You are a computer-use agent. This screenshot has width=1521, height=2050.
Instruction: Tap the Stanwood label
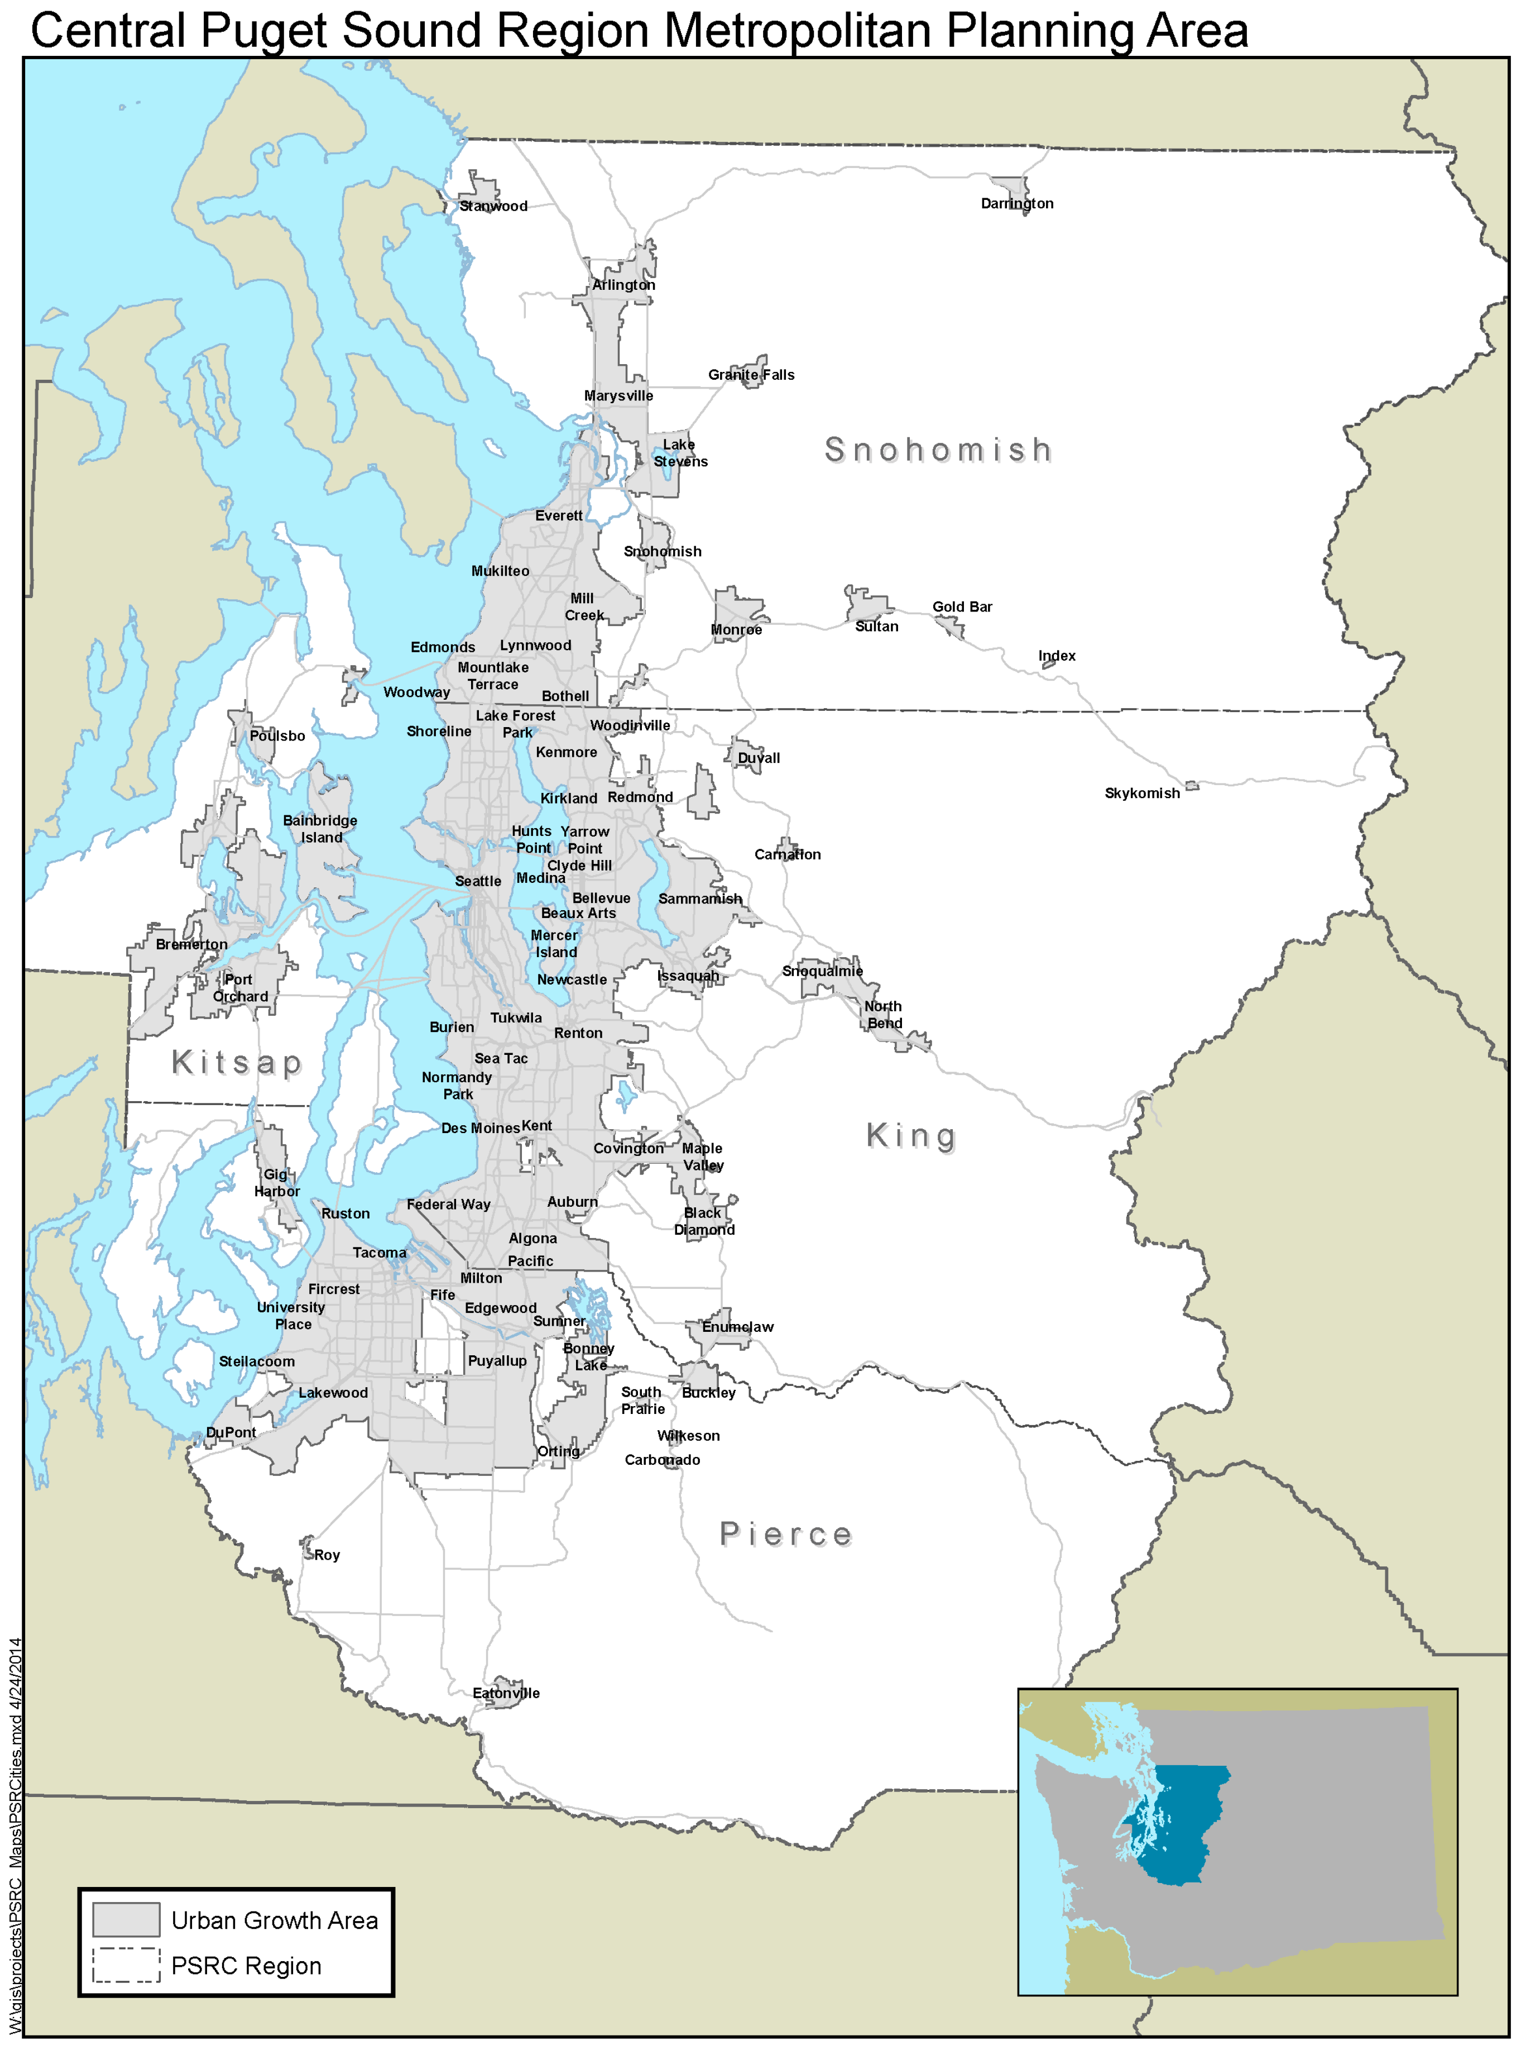[x=493, y=206]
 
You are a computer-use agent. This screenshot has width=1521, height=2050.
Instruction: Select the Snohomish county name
[x=937, y=450]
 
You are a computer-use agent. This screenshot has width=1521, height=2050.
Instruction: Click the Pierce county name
[x=785, y=1534]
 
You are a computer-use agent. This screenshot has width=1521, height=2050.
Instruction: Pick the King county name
[x=911, y=1136]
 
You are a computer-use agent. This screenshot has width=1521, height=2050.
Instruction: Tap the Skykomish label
[x=1141, y=793]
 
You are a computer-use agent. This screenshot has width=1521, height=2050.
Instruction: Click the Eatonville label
[x=506, y=1693]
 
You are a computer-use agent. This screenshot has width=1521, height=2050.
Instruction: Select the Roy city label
[x=327, y=1555]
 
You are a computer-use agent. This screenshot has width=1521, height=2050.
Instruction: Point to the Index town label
[x=1057, y=656]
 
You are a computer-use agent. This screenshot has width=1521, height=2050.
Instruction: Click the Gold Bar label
[x=962, y=607]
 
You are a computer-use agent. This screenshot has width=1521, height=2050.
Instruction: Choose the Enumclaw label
[x=737, y=1327]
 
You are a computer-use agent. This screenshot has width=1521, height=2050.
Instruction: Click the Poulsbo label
[x=277, y=736]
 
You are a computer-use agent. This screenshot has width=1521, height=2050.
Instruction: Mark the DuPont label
[x=231, y=1433]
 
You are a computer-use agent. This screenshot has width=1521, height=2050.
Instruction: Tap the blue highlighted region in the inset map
[x=1183, y=1819]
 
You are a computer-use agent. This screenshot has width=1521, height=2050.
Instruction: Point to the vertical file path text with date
[x=15, y=1833]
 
